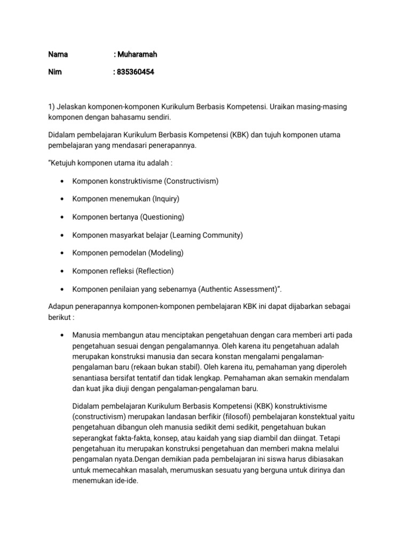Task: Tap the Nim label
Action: pyautogui.click(x=55, y=72)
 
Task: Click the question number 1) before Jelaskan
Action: pyautogui.click(x=52, y=107)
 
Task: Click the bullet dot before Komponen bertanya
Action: pyautogui.click(x=63, y=217)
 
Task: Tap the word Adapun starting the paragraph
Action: pyautogui.click(x=62, y=307)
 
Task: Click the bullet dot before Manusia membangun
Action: pyautogui.click(x=63, y=335)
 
